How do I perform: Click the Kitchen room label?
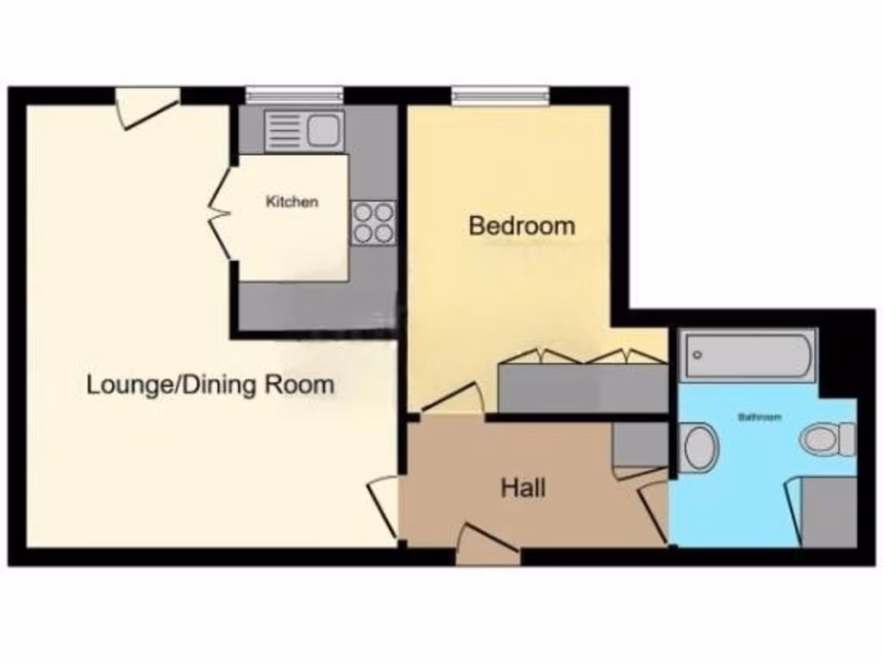[291, 203]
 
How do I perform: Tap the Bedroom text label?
[521, 226]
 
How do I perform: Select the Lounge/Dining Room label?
[210, 384]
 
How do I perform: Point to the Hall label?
[523, 489]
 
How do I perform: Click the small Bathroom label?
[760, 417]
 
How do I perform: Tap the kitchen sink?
[304, 130]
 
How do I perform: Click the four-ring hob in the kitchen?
[373, 222]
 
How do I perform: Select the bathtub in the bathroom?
[748, 354]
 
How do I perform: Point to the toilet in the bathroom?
[828, 439]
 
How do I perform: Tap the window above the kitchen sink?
[294, 94]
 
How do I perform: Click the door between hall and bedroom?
[453, 399]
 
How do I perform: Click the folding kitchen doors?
[221, 213]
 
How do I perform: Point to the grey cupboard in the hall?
[639, 445]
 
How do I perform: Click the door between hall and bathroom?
[655, 510]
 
